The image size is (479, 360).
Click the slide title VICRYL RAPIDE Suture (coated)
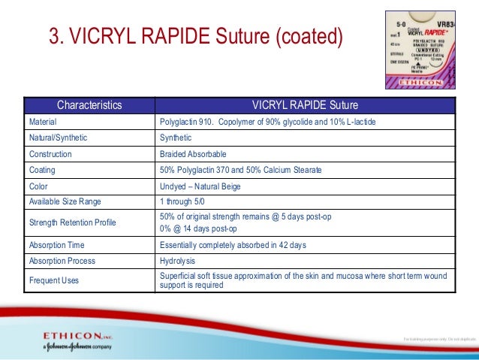195,35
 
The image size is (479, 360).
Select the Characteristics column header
89,105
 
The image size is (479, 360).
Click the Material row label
43,121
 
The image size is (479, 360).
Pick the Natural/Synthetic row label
57,138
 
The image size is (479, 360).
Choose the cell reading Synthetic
176,138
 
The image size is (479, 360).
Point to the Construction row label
50,154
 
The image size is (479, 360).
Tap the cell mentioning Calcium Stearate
241,171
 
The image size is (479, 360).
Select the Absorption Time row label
57,245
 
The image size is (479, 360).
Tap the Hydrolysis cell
178,261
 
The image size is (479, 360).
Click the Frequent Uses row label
52,280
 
